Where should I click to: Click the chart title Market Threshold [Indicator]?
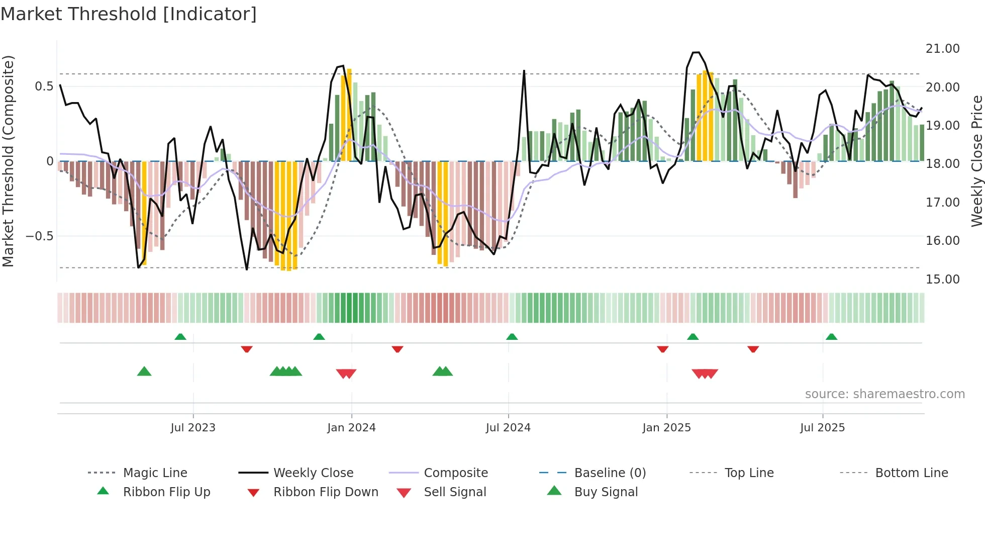(x=129, y=14)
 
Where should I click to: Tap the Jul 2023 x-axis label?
(x=193, y=428)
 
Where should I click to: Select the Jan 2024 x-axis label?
(x=351, y=428)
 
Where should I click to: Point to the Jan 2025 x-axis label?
(x=666, y=428)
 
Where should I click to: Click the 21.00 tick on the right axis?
(x=942, y=49)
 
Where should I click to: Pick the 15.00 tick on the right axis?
(x=942, y=280)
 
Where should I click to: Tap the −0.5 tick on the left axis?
(x=40, y=236)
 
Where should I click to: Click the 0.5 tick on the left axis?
(x=44, y=86)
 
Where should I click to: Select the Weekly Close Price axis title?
(x=976, y=161)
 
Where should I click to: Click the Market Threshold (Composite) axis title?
(x=8, y=161)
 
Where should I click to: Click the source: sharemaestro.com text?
(x=884, y=394)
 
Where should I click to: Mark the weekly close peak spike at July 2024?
(x=524, y=71)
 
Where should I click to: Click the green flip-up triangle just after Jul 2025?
(x=831, y=337)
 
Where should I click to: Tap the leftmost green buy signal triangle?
(x=144, y=372)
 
